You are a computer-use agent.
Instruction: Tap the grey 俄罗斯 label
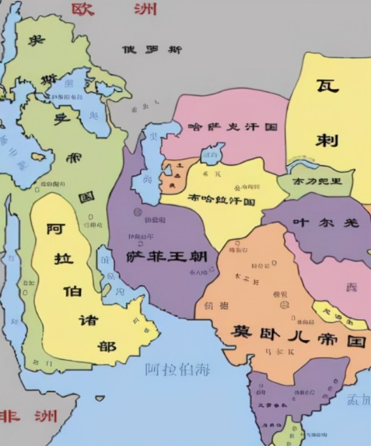click(x=152, y=50)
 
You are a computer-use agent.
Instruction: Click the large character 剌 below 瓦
click(x=327, y=140)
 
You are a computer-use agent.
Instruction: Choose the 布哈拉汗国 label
click(x=222, y=199)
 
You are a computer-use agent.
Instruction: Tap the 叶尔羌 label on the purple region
click(x=325, y=222)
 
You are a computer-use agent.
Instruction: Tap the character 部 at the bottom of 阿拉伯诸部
click(x=106, y=346)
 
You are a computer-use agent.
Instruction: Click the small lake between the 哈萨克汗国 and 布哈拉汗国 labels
click(x=212, y=154)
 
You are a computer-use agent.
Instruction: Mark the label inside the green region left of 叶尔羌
click(x=317, y=181)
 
